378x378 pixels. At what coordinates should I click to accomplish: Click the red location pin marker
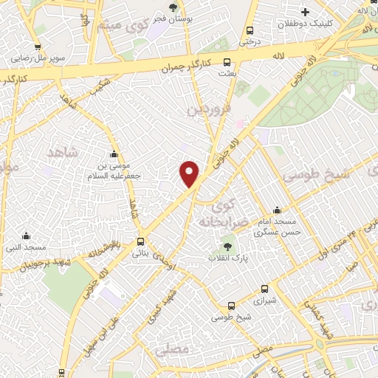[x=190, y=173]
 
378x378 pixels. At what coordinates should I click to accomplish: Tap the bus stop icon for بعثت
[x=227, y=63]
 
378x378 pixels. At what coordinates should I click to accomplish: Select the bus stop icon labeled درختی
[x=250, y=31]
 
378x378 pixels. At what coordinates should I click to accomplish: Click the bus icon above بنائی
[x=140, y=241]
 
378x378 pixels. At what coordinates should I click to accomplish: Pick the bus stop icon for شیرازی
[x=266, y=289]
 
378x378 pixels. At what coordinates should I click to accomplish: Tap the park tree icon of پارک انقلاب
[x=227, y=247]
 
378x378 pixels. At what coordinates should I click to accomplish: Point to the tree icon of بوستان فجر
[x=173, y=8]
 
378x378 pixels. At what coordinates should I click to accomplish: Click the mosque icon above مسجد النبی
[x=27, y=236]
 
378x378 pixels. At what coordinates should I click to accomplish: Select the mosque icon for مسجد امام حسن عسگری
[x=277, y=210]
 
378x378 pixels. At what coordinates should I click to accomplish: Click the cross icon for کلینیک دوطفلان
[x=304, y=11]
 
